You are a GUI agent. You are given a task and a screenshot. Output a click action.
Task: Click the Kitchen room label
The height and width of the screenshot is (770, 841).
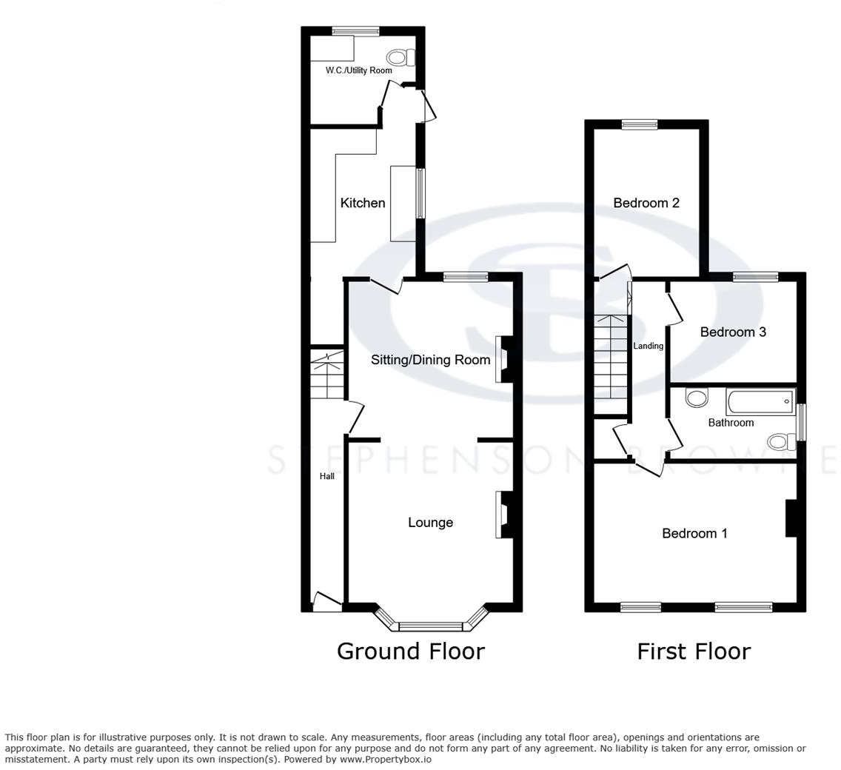click(x=362, y=203)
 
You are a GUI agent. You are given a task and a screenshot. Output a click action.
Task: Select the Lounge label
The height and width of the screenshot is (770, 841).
click(x=430, y=523)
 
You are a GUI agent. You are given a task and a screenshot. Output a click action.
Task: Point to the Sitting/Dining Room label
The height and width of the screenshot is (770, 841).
click(x=430, y=360)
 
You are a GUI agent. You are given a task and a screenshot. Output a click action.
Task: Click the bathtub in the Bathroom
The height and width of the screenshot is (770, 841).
click(x=760, y=403)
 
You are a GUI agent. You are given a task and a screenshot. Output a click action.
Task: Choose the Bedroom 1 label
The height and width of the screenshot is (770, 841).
click(x=694, y=533)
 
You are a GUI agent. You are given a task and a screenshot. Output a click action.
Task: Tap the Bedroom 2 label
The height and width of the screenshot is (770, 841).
click(x=646, y=203)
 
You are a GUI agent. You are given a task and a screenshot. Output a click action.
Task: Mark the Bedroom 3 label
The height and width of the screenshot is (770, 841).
click(x=733, y=332)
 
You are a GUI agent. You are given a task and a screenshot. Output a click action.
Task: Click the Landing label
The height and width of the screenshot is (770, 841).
click(x=648, y=346)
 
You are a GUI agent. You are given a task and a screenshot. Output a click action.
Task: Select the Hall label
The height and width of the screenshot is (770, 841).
click(x=326, y=476)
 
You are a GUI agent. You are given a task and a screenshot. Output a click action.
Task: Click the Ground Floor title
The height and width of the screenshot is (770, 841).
click(x=410, y=651)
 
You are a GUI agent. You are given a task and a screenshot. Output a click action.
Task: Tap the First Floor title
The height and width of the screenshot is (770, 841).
click(x=694, y=651)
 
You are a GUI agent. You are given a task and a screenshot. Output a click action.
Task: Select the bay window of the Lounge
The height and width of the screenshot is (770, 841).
click(x=431, y=626)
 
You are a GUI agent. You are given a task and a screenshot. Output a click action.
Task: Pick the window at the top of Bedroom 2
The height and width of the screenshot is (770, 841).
click(x=639, y=124)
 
